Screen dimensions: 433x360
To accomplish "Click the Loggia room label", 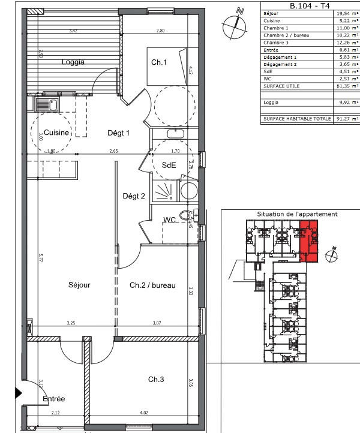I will coord(73,62).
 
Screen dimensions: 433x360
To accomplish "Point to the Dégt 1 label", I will coord(118,133).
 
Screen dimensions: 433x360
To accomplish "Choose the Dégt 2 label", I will coord(134,195).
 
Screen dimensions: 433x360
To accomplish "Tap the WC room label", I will coord(170,221).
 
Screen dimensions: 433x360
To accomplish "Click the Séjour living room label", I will coord(79,285).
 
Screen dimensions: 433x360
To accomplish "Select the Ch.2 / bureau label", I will coord(152,285).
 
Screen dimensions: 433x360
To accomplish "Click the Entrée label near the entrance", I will coord(53,398).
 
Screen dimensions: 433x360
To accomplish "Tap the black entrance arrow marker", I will coord(18,393).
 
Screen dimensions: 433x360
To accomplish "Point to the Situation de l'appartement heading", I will coord(297,214).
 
